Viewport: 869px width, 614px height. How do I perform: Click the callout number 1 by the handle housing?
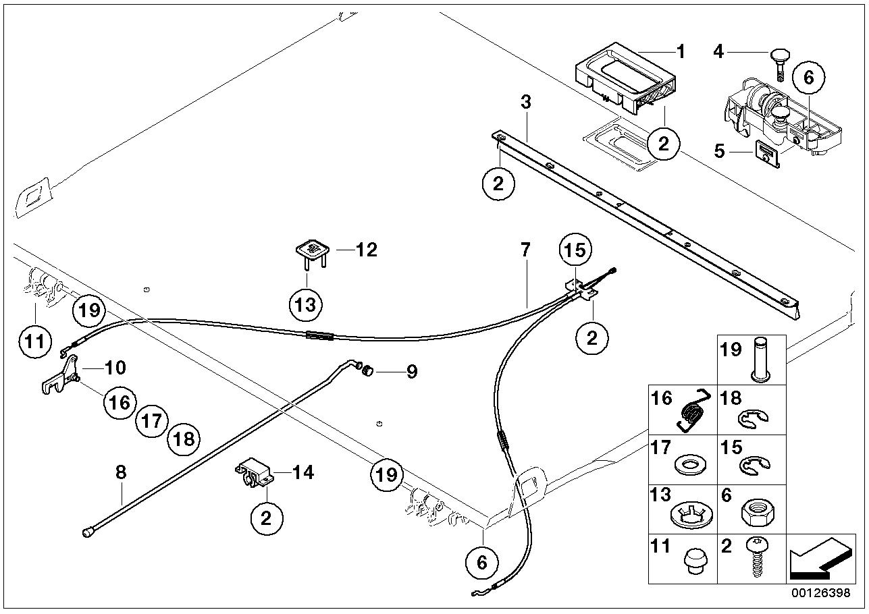pyautogui.click(x=680, y=51)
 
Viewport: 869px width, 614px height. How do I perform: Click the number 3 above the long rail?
pyautogui.click(x=526, y=103)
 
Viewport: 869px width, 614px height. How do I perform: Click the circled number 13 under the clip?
pyautogui.click(x=306, y=306)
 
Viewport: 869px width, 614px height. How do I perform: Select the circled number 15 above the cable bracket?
pyautogui.click(x=575, y=250)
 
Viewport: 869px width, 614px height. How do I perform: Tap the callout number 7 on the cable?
pyautogui.click(x=526, y=250)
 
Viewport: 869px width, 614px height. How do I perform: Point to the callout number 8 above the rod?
pyautogui.click(x=121, y=472)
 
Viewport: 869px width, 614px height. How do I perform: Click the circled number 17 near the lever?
pyautogui.click(x=151, y=422)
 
